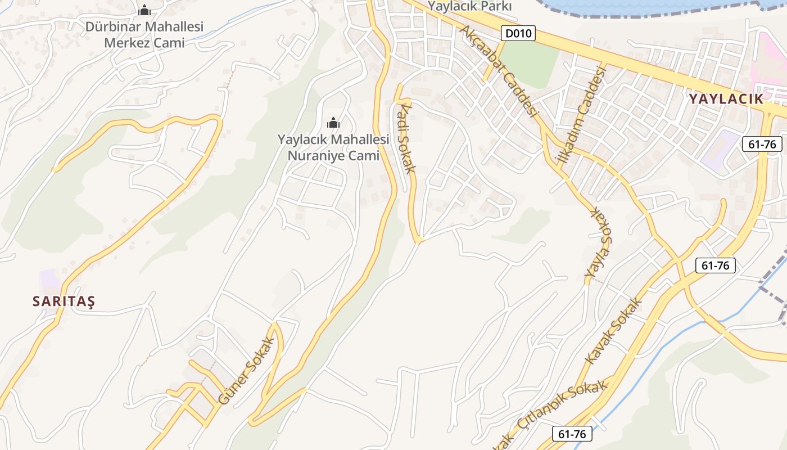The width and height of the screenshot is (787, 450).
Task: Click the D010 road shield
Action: [518, 33]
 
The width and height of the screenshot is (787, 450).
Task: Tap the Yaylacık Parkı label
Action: [469, 6]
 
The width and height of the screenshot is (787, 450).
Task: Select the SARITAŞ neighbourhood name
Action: [64, 301]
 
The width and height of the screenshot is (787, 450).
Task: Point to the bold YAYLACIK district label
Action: [726, 99]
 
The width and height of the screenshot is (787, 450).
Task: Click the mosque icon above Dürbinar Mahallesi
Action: [144, 10]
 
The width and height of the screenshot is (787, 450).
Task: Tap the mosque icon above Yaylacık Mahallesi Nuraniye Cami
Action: [333, 122]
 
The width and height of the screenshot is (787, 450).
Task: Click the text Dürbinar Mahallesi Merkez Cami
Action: [144, 34]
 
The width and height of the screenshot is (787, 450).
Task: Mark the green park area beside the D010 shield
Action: [528, 62]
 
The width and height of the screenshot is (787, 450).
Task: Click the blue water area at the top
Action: [646, 6]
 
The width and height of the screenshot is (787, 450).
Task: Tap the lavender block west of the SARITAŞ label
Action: [49, 281]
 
